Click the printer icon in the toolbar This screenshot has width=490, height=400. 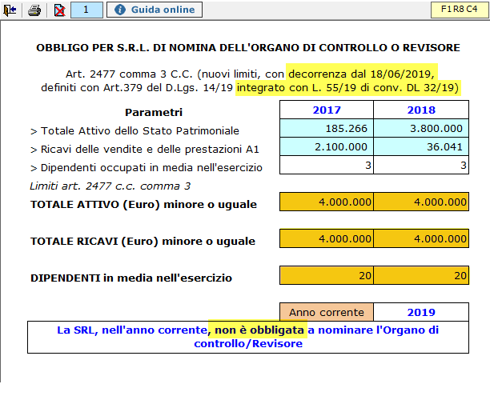pos(34,10)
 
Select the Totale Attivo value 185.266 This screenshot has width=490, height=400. pos(326,130)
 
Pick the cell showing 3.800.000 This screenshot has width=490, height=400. pos(420,130)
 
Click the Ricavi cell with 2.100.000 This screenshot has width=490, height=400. pos(326,147)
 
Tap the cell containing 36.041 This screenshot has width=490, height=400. pos(420,147)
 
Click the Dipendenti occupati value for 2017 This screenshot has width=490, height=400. pos(326,166)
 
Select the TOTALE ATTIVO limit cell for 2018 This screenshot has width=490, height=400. pos(420,202)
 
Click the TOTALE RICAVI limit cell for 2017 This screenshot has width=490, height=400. pos(326,239)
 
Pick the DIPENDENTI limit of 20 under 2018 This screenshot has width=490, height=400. pos(420,276)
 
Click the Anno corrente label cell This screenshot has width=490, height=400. pos(326,312)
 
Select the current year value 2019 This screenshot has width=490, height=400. pos(420,312)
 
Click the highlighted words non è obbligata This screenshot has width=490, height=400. pos(257,330)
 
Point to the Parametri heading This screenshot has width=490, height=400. pos(154,112)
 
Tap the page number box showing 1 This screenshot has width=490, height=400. pos(86,10)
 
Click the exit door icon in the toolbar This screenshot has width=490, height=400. pos(10,10)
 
